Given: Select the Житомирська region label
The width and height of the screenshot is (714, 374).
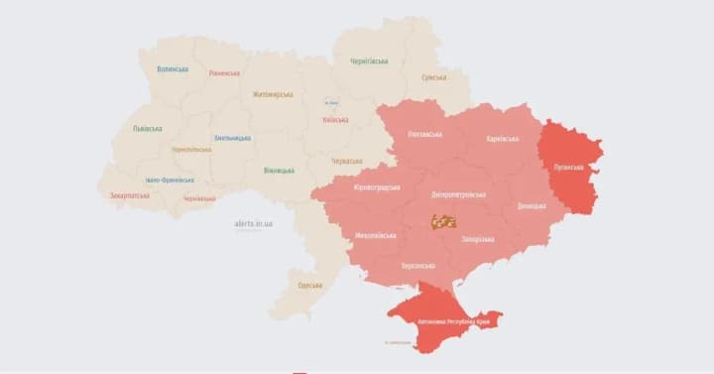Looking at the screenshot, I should (x=273, y=94).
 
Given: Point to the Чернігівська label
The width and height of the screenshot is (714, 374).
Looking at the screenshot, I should (x=369, y=61).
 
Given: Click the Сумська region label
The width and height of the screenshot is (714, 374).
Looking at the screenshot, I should (x=433, y=77).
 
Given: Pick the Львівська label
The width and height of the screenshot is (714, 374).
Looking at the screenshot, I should (x=148, y=128).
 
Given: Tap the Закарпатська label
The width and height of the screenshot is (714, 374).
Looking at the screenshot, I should (x=130, y=195).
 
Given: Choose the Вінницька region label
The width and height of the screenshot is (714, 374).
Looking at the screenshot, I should (x=279, y=170).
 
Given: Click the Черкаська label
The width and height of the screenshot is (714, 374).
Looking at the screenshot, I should (x=347, y=160).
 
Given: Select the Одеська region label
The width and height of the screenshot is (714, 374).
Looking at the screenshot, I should (x=309, y=286).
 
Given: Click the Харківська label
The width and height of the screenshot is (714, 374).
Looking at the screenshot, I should (x=502, y=139).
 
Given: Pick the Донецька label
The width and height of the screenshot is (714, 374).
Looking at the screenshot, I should (x=532, y=206).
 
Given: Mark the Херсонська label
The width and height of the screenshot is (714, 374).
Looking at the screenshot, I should (x=418, y=266).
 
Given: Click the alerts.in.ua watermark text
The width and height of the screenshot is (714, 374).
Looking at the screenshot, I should (x=253, y=224).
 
